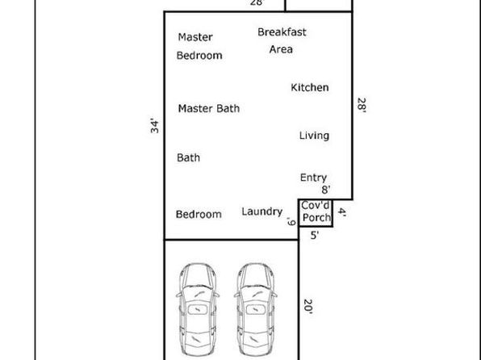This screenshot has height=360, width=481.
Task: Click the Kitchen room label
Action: [310, 87]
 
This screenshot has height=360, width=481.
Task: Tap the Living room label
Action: [314, 136]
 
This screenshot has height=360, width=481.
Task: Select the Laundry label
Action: [262, 211]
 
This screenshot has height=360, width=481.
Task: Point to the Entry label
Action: [313, 178]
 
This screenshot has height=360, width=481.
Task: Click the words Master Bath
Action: [209, 108]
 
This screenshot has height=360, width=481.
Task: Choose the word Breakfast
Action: [282, 32]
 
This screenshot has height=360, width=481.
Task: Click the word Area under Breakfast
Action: [281, 49]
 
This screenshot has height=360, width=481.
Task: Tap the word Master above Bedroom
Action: [195, 37]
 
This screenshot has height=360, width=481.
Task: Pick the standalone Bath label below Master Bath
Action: [188, 157]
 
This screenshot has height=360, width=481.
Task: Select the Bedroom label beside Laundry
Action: [199, 214]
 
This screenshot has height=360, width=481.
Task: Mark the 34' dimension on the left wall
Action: [155, 126]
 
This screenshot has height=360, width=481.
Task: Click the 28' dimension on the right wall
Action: [362, 105]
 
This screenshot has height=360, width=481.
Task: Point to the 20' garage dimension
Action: [308, 307]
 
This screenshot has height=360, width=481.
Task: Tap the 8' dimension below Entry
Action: [326, 190]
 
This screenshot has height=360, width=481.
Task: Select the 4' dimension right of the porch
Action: [342, 212]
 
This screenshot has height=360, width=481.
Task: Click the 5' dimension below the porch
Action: [315, 236]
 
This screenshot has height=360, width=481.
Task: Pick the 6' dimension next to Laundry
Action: [291, 222]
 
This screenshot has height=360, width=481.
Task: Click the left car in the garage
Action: [198, 309]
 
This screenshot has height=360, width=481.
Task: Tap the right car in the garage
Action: [256, 309]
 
